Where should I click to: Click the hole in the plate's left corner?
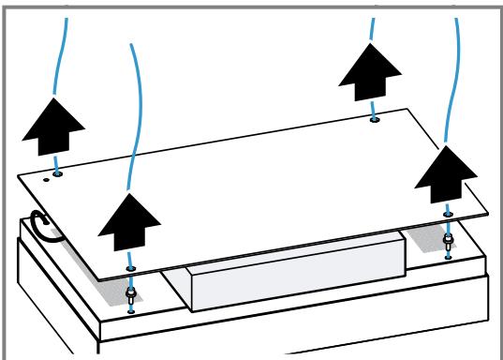click(x=58, y=173)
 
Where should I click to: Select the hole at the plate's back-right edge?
click(x=374, y=120)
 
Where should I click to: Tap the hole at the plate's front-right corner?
click(x=449, y=215)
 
